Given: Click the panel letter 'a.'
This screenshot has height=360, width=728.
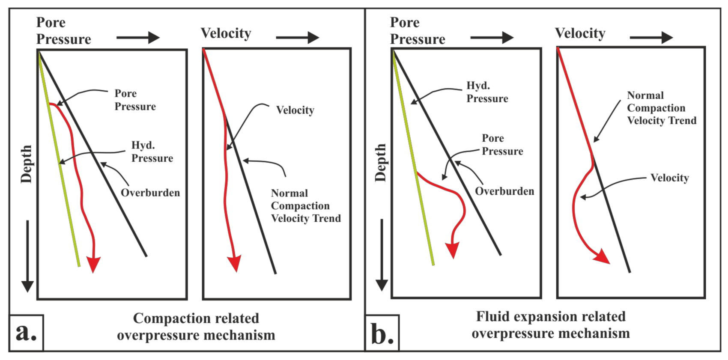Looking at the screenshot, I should pos(26,333).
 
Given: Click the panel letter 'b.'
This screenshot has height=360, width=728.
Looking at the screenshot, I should pos(382,333).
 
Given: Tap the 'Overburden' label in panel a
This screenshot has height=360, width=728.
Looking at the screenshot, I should pos(150,193).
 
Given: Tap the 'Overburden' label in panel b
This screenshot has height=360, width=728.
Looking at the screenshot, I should pos(504,191).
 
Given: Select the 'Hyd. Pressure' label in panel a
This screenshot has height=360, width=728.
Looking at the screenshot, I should pos(152,152).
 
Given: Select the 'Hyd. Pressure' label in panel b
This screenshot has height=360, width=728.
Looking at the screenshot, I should pos(487,92).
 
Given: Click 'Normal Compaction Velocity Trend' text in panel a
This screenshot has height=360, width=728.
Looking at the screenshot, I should pos(305,205).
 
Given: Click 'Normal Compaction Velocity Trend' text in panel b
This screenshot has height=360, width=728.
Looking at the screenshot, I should pos(661,108).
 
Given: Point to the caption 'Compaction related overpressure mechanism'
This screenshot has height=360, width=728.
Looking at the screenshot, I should pos(196,326).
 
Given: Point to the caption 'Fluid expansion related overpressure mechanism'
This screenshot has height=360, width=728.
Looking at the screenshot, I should pos(551,325).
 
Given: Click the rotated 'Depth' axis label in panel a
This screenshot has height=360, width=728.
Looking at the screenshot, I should pos(27,164).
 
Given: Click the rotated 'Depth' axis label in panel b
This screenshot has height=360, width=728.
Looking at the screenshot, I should pos(381,163).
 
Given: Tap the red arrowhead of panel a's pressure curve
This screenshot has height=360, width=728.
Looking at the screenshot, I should pos(93,264).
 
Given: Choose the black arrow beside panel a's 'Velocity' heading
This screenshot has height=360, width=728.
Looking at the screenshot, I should pos(297,38).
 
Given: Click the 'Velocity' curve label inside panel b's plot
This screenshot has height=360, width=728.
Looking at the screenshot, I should pos(669,178).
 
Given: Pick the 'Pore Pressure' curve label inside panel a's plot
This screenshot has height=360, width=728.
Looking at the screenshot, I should pos(135,100).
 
